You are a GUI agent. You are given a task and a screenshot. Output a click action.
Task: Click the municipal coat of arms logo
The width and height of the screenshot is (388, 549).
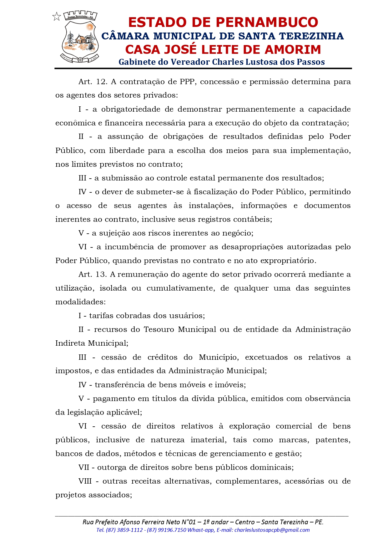[x=80, y=37]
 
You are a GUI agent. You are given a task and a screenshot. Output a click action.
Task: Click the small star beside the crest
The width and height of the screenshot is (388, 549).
[x=57, y=17]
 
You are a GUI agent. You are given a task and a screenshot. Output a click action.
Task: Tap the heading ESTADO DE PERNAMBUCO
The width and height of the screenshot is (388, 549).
[x=223, y=23]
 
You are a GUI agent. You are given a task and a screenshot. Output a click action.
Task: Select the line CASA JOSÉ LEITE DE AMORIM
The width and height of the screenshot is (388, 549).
[x=223, y=50]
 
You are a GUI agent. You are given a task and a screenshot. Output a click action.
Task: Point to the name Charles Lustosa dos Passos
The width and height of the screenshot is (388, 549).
[x=268, y=62]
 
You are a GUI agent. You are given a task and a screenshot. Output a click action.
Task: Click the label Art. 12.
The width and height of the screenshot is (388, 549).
[x=93, y=82]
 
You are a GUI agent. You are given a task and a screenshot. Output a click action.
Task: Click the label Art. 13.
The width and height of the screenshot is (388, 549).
[x=93, y=274]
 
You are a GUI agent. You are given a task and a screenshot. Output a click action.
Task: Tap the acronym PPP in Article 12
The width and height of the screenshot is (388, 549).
[x=187, y=82]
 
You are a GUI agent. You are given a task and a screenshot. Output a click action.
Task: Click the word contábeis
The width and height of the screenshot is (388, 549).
[x=255, y=219]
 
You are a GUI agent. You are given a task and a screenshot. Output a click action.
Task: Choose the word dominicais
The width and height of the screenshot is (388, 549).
[x=276, y=467]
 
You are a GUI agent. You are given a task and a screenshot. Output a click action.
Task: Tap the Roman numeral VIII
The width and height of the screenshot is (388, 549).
[x=85, y=481]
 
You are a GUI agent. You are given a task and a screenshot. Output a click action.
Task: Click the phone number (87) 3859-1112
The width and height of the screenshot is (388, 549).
[x=124, y=530]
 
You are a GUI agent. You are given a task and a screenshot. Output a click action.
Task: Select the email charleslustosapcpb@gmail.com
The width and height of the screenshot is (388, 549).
[x=272, y=530]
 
